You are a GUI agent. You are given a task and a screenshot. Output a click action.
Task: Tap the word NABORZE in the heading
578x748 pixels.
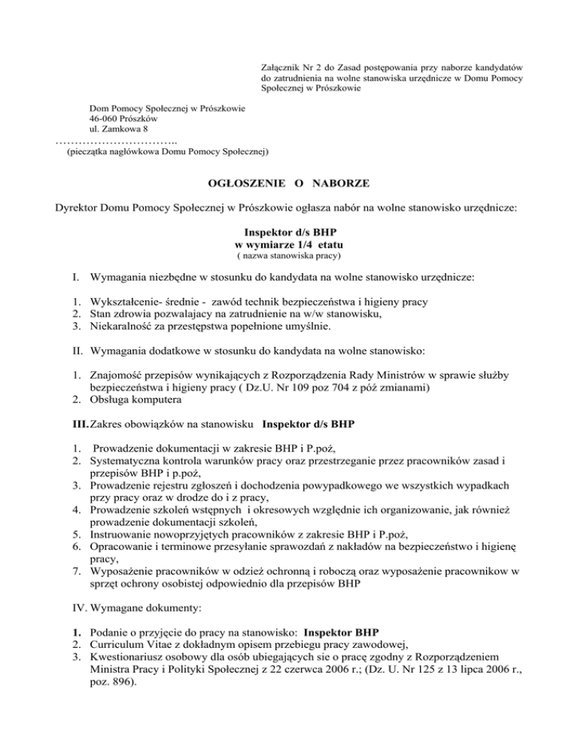pyautogui.click(x=339, y=184)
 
